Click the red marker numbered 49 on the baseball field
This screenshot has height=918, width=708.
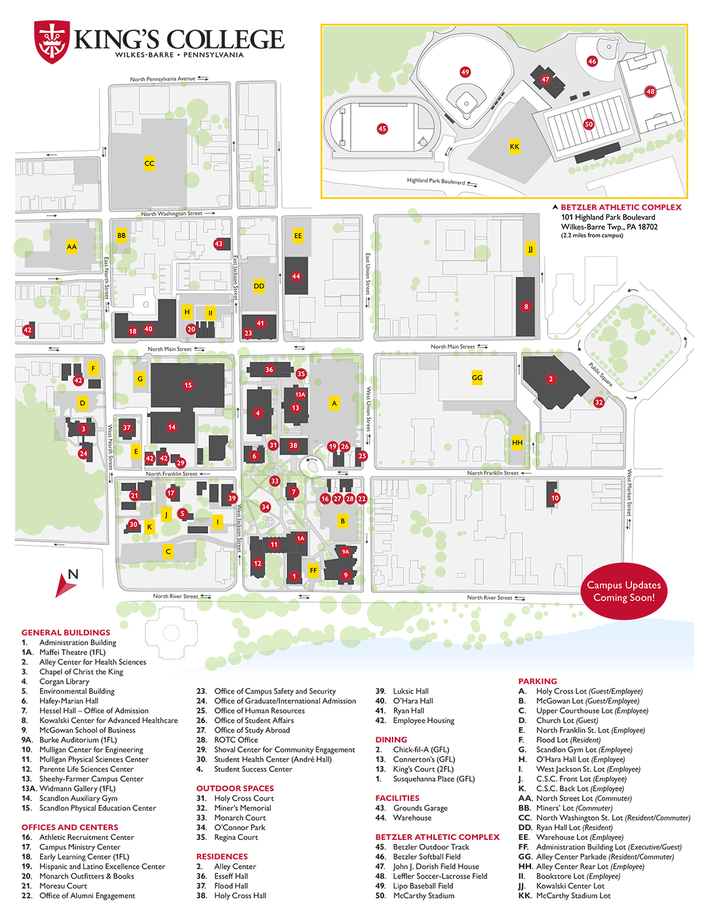click(x=465, y=72)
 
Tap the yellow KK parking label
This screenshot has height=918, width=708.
click(x=515, y=147)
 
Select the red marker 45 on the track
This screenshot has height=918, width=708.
click(x=382, y=129)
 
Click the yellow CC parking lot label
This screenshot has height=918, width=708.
click(x=149, y=163)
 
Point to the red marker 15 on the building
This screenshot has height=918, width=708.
click(x=188, y=386)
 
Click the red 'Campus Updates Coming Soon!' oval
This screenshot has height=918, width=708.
click(x=623, y=591)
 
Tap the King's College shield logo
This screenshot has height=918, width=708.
click(x=51, y=42)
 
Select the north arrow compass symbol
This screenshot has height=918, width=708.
click(x=67, y=582)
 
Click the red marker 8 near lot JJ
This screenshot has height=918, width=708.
click(x=526, y=306)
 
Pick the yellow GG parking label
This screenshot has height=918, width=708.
click(x=477, y=378)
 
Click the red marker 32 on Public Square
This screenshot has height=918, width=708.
click(x=599, y=403)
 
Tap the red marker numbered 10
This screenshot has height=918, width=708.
click(x=555, y=498)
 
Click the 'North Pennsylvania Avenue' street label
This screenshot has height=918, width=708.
click(x=163, y=79)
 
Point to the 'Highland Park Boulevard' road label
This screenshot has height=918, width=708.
click(x=436, y=181)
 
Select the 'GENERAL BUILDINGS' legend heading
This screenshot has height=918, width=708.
click(x=66, y=633)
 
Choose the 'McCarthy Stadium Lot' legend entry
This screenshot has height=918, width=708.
click(x=573, y=896)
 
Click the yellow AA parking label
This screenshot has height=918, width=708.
click(x=71, y=247)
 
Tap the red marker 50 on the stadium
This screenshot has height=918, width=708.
click(x=589, y=124)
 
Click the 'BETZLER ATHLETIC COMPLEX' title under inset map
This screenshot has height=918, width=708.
click(x=621, y=207)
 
